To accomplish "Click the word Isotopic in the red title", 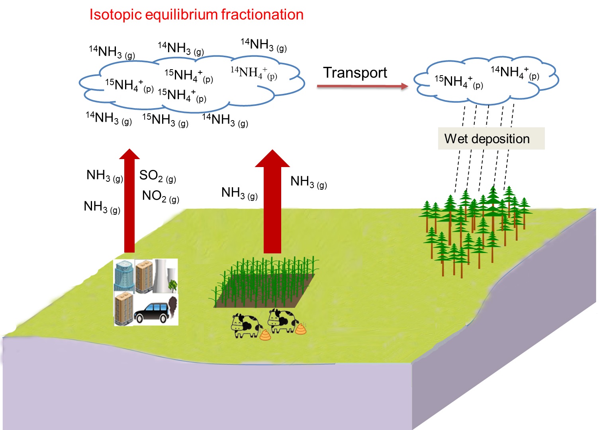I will [115, 15].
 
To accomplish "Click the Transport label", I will [355, 73].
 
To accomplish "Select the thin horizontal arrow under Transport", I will [362, 86].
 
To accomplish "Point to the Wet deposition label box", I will [491, 138].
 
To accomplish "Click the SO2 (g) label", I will [158, 175].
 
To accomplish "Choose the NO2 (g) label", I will [161, 196].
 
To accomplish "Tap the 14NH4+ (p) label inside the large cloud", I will [254, 73].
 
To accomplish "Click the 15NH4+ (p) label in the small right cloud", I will [458, 82].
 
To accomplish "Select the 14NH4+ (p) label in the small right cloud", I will [515, 72].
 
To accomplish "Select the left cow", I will [245, 326].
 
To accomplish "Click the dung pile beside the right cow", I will [301, 329].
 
